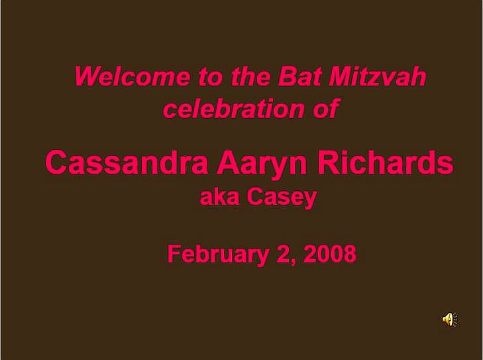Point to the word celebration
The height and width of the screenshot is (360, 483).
(233, 108)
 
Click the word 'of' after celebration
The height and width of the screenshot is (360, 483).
(327, 108)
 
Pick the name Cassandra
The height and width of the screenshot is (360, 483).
(127, 162)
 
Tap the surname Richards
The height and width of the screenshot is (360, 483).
(386, 162)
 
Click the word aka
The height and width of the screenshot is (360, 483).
(219, 197)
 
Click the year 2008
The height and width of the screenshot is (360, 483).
(330, 253)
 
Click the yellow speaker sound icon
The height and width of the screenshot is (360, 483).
(450, 319)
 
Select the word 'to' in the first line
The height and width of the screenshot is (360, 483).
(211, 76)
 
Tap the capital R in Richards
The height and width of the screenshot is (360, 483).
(327, 162)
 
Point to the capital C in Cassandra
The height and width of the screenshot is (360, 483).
(56, 162)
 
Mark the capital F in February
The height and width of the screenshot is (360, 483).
(174, 253)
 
